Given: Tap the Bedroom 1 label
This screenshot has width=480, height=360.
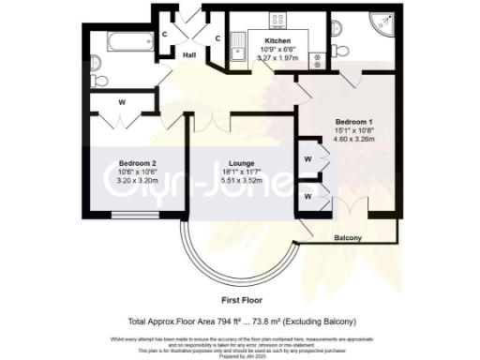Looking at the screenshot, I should click(354, 121).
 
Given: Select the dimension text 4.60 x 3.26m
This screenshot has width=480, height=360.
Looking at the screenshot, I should click(354, 140).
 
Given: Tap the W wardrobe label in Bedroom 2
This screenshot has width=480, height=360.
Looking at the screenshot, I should click(122, 102).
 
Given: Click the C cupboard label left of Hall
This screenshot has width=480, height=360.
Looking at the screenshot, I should click(165, 35).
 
